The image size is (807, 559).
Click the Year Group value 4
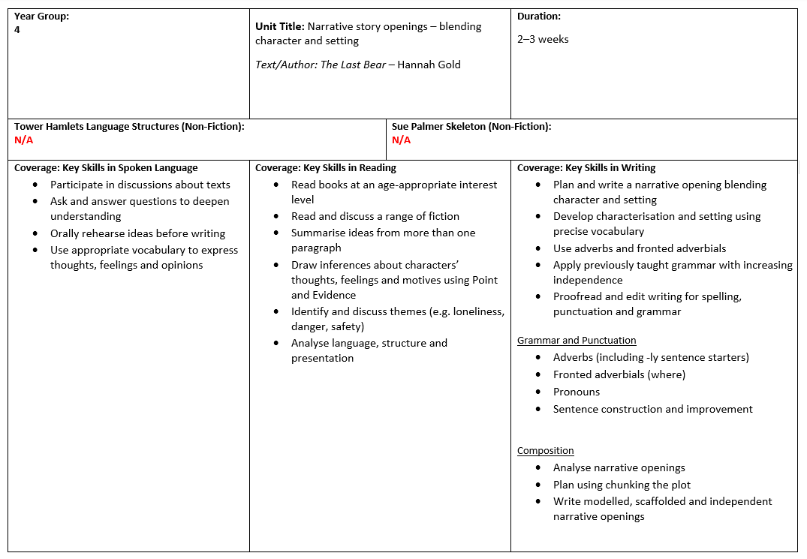(17, 30)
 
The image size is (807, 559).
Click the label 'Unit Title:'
(279, 26)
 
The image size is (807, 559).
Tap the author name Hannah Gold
(429, 65)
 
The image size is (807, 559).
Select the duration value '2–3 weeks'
(543, 39)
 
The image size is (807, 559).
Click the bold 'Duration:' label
(539, 16)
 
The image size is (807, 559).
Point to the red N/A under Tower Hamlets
(24, 140)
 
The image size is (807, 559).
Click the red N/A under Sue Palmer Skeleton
(402, 140)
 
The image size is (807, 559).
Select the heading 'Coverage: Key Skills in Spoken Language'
(106, 167)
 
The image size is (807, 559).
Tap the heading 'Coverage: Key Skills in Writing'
(586, 167)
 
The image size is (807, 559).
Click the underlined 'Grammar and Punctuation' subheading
(577, 340)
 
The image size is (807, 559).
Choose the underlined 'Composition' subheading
(546, 450)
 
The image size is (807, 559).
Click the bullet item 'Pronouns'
(577, 392)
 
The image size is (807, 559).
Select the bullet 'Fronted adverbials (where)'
(619, 374)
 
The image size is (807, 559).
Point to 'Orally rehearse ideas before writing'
(137, 233)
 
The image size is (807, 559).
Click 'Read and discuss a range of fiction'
(375, 216)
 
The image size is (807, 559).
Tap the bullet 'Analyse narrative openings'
(619, 467)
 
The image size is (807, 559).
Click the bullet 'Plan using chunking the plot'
(622, 485)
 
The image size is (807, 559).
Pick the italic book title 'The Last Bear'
(353, 65)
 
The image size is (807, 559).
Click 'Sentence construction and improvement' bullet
(653, 409)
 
